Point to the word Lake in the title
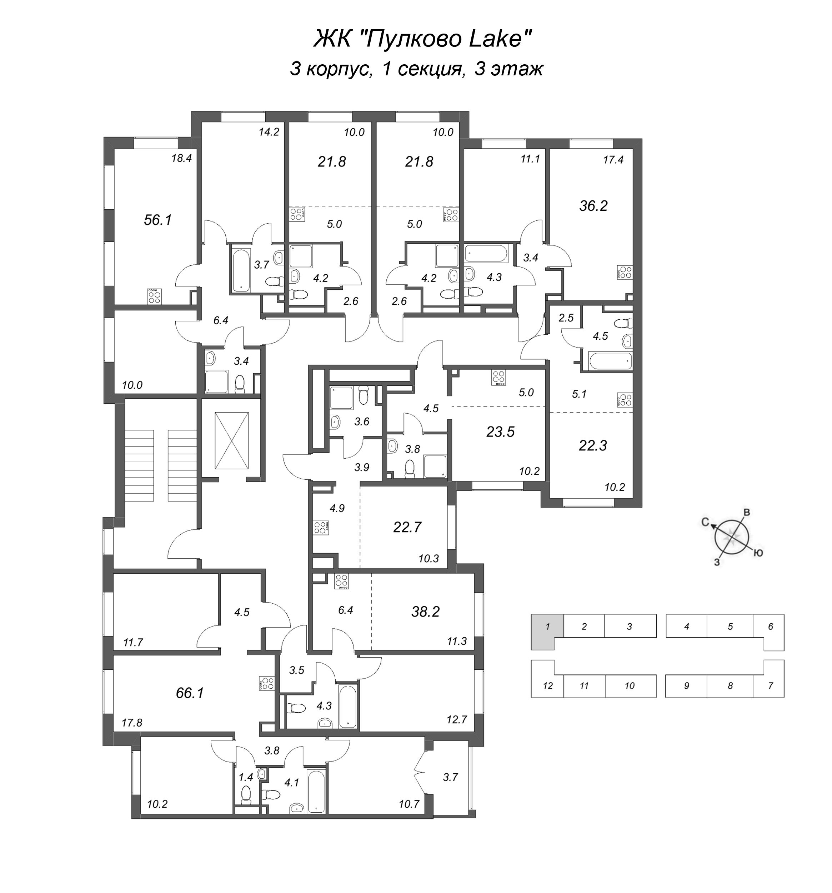tap(494, 39)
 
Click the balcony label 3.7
tap(450, 777)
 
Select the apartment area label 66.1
tap(190, 693)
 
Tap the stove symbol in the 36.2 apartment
tap(625, 272)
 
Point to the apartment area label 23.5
tap(500, 432)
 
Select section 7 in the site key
tap(771, 685)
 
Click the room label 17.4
tap(613, 159)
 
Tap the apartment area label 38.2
tap(425, 612)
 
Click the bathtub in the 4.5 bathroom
tap(611, 361)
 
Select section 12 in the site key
tap(547, 685)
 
